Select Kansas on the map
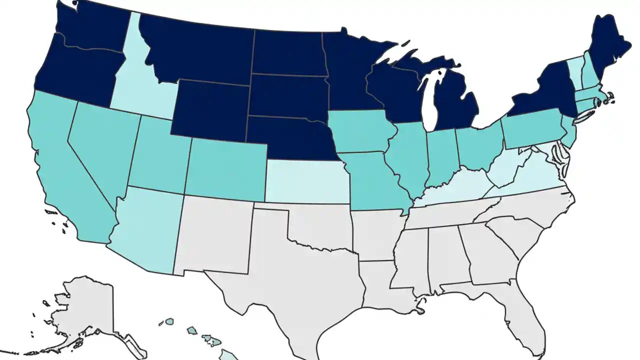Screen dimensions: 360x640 tap(305, 182)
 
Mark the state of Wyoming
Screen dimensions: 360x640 tap(210, 107)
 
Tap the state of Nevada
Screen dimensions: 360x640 tap(102, 145)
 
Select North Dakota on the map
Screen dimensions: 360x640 tap(287, 52)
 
